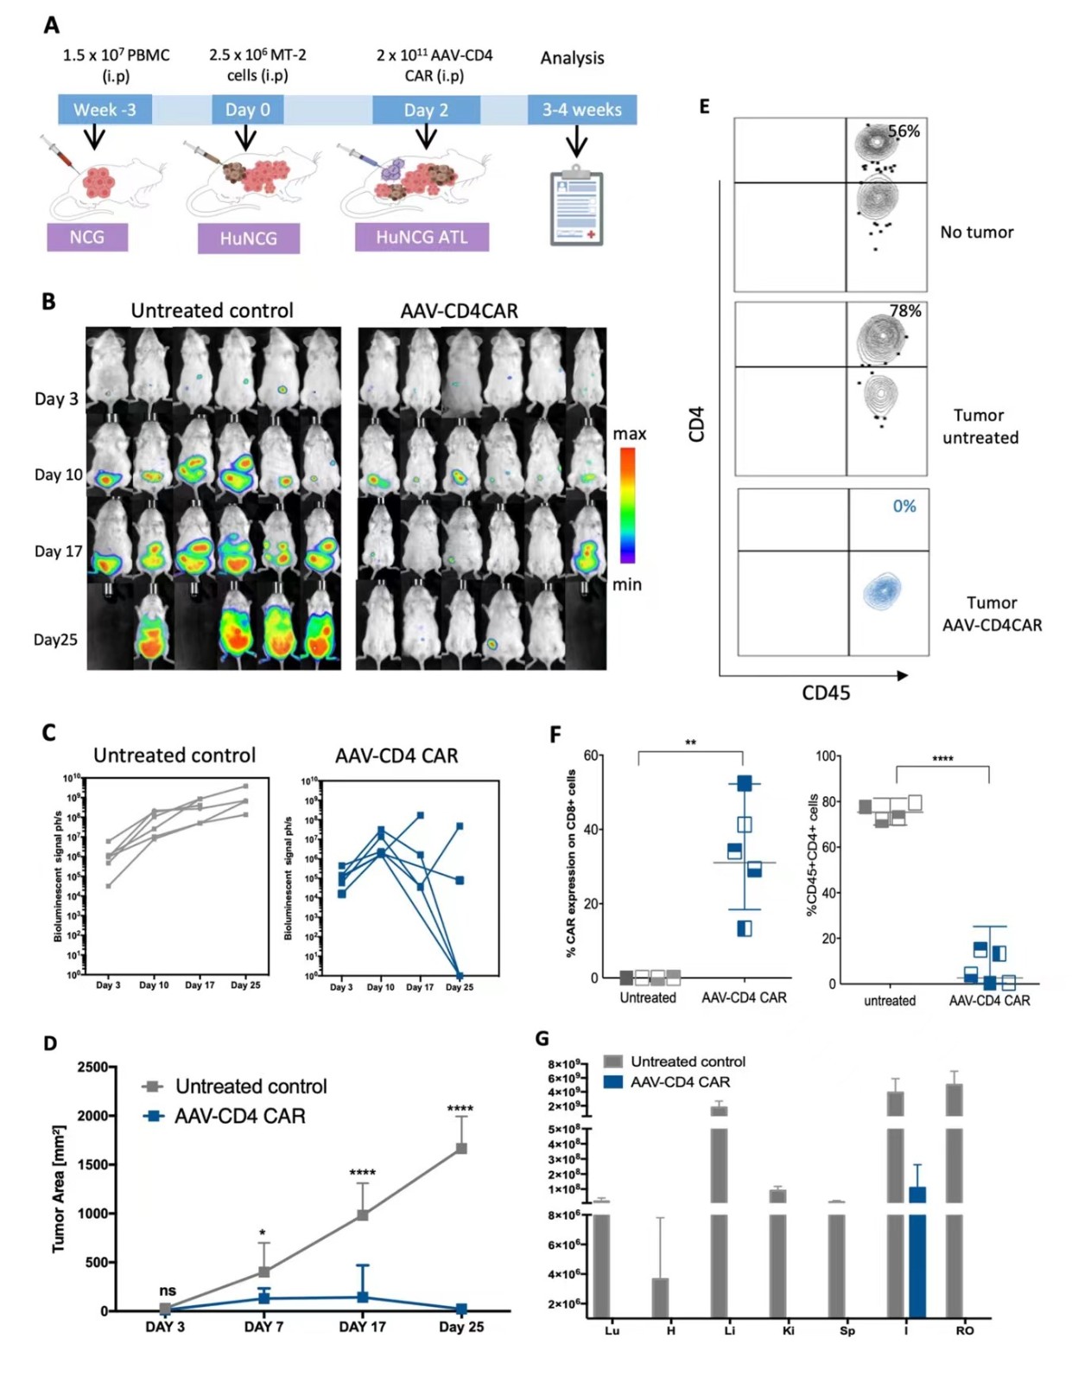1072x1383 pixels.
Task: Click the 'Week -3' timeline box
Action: click(105, 110)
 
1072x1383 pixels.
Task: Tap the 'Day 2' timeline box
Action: click(426, 110)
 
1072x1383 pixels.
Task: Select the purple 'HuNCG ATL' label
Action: click(422, 237)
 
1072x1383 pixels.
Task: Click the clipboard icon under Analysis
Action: click(576, 208)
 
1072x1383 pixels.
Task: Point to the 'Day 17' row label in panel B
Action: click(58, 551)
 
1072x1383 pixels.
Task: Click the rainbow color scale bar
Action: click(628, 506)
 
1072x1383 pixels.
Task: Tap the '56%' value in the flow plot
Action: click(904, 131)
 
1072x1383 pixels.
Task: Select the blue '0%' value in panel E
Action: click(904, 507)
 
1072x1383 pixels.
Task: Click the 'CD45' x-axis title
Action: click(826, 693)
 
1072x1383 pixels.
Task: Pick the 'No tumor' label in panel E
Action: click(976, 232)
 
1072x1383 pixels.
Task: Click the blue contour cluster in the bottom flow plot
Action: click(882, 591)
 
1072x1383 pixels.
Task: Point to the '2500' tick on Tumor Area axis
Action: click(92, 1067)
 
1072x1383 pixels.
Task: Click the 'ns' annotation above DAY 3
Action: click(168, 1291)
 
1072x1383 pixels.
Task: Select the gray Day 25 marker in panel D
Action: click(461, 1148)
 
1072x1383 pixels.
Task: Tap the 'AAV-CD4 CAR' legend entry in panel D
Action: click(239, 1116)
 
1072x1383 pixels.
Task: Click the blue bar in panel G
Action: click(917, 1253)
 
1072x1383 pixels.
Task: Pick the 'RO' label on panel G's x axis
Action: click(964, 1330)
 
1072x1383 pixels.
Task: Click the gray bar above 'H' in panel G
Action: click(661, 1297)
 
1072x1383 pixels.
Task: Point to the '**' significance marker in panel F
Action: click(690, 742)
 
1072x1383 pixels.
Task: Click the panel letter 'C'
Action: click(49, 733)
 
